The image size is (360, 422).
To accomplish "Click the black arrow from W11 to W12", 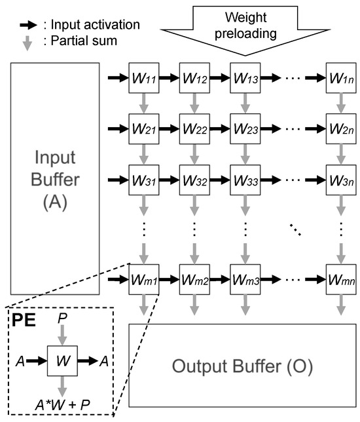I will coord(168,79).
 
